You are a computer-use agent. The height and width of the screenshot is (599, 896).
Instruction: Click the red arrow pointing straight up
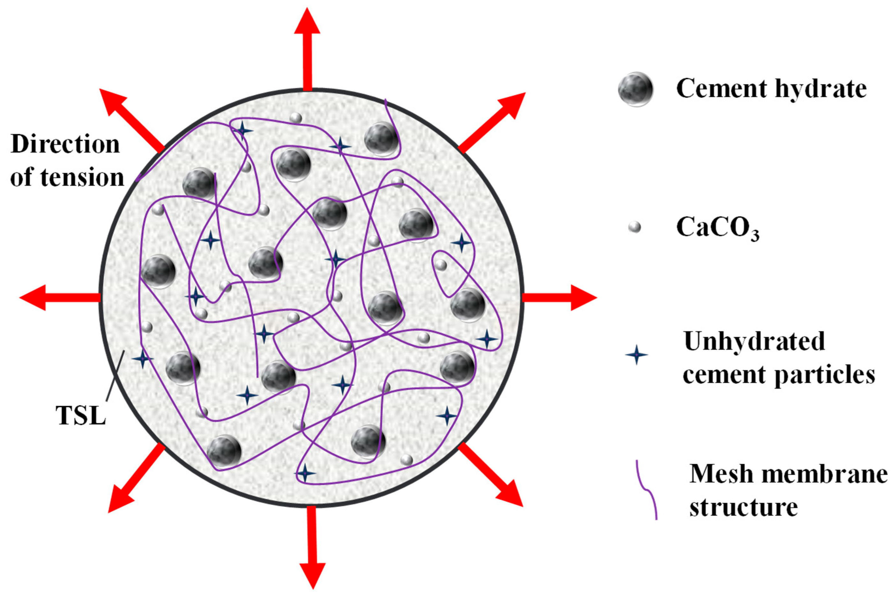point(308,50)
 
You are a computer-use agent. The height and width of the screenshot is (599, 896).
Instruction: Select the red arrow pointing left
point(57,298)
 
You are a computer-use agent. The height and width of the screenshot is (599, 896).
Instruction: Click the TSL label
point(81,415)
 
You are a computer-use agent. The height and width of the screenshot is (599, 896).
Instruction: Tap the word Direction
point(65,145)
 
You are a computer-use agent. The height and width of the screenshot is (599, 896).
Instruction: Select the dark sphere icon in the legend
point(635,89)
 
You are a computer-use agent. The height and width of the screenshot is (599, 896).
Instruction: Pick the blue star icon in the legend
point(636,355)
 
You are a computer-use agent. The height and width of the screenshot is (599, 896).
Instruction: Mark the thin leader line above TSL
point(115,374)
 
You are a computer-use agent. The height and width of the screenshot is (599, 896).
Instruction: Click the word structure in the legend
point(743,508)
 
